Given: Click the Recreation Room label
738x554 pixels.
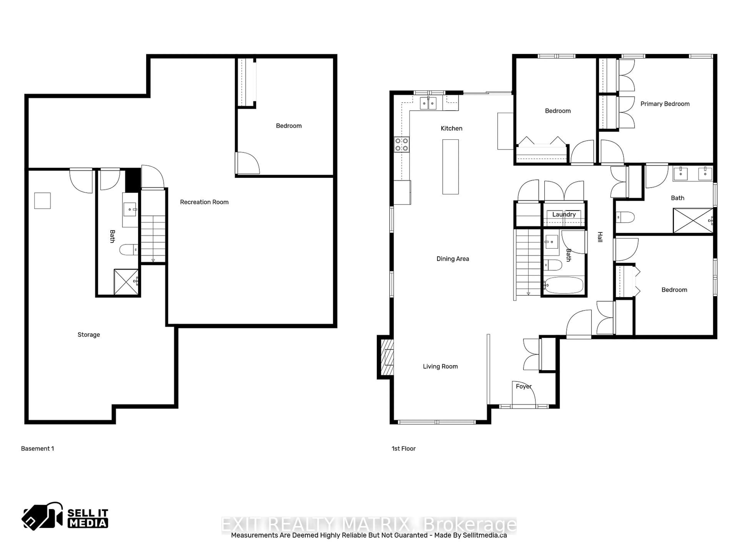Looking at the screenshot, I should click(x=204, y=202).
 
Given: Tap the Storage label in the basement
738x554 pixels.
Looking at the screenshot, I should click(x=89, y=335).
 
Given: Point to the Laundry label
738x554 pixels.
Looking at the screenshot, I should click(x=564, y=214).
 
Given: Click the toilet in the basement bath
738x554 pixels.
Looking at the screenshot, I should click(x=128, y=249).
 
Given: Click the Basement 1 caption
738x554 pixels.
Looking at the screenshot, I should click(x=37, y=448).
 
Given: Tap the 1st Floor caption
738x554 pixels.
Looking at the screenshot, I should click(x=403, y=448).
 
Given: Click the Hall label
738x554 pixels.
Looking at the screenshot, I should click(x=600, y=237).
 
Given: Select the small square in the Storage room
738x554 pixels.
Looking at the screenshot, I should click(x=42, y=201).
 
